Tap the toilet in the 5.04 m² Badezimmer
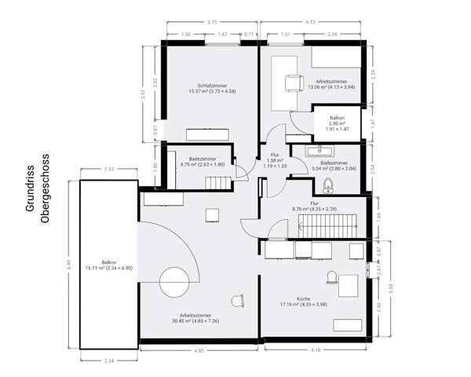click(x=328, y=185)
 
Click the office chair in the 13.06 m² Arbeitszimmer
click(x=293, y=82)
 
